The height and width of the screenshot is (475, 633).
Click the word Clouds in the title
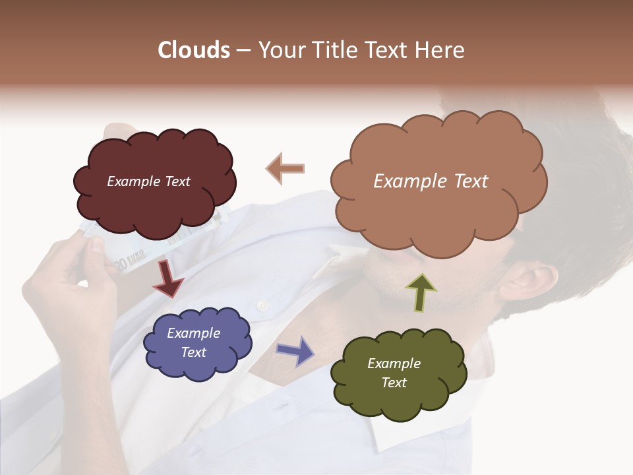[x=194, y=50]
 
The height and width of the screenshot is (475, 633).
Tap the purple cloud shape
[x=198, y=344]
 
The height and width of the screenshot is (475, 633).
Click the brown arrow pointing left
[x=286, y=169]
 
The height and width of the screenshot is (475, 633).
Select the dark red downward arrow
[x=167, y=280]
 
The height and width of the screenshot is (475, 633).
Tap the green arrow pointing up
[x=421, y=292]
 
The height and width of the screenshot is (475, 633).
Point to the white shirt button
[x=262, y=305]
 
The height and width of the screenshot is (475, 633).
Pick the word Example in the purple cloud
[x=193, y=333]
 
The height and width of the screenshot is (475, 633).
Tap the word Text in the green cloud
[x=394, y=383]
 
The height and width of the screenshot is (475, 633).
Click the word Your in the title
[x=280, y=50]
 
